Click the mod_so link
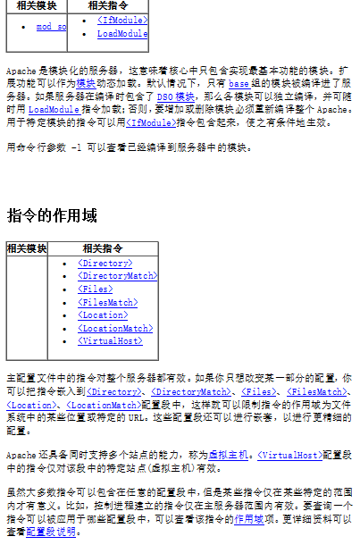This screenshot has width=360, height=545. (x=51, y=27)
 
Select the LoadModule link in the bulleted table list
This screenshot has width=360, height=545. (x=122, y=34)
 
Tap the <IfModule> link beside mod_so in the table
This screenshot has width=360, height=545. (x=122, y=19)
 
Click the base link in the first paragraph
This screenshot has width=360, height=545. (x=239, y=81)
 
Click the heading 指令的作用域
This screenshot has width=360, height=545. (x=52, y=216)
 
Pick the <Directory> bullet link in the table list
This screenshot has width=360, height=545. (x=105, y=264)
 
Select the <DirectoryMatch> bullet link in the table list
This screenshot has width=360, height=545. (x=117, y=276)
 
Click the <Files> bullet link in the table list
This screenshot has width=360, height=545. (x=95, y=289)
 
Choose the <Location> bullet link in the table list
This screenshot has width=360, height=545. (x=103, y=315)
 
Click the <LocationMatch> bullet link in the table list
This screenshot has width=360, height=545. (x=114, y=328)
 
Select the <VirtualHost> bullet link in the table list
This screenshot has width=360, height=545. (x=110, y=341)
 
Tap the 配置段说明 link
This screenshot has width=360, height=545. (x=52, y=532)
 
